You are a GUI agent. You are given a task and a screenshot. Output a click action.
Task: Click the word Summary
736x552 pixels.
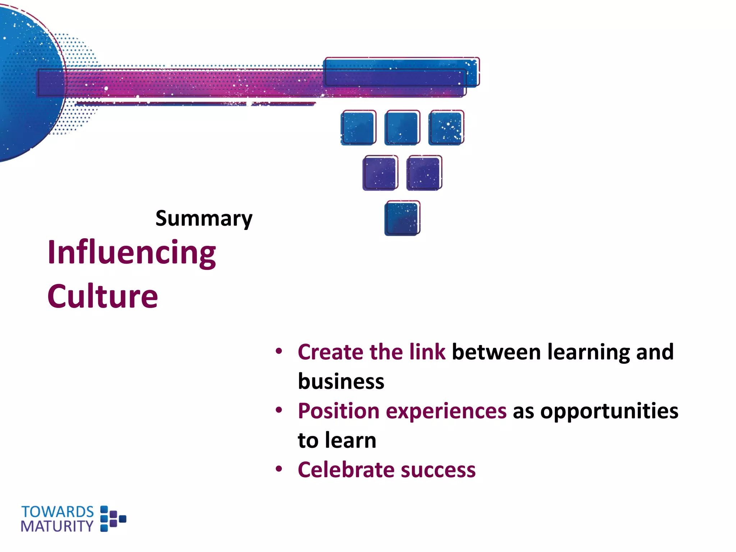(x=204, y=218)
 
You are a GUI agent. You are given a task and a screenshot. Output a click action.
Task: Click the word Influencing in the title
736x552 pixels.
(x=132, y=253)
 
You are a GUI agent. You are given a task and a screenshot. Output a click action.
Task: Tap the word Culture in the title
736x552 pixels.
(x=102, y=296)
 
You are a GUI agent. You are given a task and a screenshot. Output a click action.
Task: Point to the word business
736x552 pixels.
(x=341, y=381)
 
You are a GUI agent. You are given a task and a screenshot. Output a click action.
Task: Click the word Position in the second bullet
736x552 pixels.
(x=339, y=411)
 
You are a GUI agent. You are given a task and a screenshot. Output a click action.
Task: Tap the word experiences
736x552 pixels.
(x=446, y=411)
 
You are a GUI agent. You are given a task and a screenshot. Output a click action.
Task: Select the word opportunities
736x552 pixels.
(x=609, y=411)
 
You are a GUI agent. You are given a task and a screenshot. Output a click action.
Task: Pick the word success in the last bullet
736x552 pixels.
(x=438, y=470)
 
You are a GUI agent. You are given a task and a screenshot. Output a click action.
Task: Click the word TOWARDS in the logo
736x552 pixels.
(x=57, y=512)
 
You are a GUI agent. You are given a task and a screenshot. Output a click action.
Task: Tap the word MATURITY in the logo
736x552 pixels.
(x=57, y=526)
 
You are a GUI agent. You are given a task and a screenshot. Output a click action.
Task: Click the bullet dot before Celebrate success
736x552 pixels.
(x=279, y=469)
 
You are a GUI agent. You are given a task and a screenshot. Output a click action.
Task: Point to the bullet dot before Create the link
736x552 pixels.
(x=279, y=351)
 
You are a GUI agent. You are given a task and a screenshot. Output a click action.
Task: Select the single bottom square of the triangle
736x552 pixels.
(x=402, y=218)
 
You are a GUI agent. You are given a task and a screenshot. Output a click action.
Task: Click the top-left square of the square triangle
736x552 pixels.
(x=358, y=128)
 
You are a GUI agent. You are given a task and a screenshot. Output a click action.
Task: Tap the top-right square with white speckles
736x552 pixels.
(x=446, y=128)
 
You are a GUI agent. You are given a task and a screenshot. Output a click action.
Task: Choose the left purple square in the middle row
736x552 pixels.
(x=380, y=173)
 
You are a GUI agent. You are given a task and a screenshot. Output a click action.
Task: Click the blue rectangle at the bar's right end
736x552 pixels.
(x=401, y=72)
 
